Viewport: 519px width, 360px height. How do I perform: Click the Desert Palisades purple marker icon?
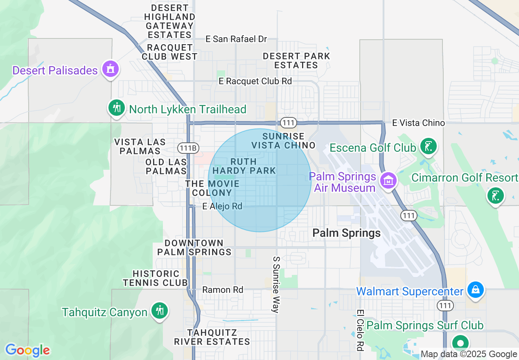click(110, 69)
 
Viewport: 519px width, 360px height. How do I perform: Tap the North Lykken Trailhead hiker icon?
click(117, 108)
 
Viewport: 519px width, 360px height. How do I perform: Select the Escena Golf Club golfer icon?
click(428, 146)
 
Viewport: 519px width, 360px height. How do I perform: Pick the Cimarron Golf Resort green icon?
click(495, 196)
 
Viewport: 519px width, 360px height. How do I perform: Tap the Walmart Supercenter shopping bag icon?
click(475, 290)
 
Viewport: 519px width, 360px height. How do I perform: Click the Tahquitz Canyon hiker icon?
click(159, 311)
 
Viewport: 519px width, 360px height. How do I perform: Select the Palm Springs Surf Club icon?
click(460, 343)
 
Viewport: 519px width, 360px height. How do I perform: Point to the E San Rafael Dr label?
click(236, 39)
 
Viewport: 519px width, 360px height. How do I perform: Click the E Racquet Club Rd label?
click(255, 81)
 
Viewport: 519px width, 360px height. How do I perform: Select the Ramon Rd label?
click(223, 290)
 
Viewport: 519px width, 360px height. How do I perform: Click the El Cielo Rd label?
click(360, 330)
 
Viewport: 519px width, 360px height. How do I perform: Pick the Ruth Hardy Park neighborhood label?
click(244, 166)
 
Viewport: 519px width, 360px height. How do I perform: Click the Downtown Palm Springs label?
click(194, 248)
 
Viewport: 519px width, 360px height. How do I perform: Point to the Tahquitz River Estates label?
click(212, 337)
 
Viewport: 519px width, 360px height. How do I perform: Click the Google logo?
click(27, 351)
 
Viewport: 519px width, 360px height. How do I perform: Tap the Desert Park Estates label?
click(296, 61)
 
